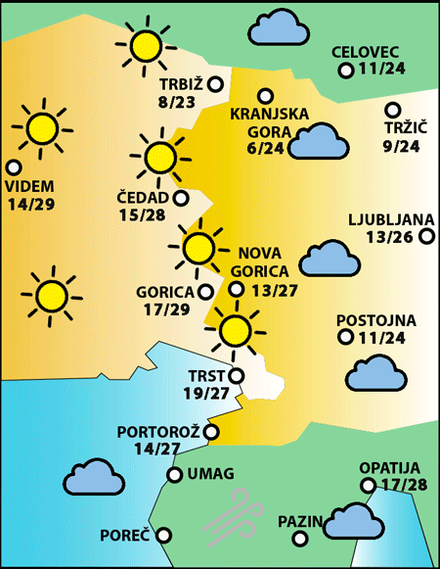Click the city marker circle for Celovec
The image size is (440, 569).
click(x=345, y=71)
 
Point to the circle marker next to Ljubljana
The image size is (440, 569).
click(x=426, y=236)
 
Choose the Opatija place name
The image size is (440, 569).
click(x=388, y=468)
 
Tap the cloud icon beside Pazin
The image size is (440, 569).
click(x=353, y=520)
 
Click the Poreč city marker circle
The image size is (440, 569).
click(x=164, y=535)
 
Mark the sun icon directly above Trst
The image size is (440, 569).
click(x=235, y=331)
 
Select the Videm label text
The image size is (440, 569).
click(x=30, y=186)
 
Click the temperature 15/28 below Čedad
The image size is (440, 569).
click(x=142, y=215)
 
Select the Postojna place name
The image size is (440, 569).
click(x=375, y=320)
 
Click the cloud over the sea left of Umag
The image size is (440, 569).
click(x=93, y=477)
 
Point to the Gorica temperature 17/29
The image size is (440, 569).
click(x=165, y=309)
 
